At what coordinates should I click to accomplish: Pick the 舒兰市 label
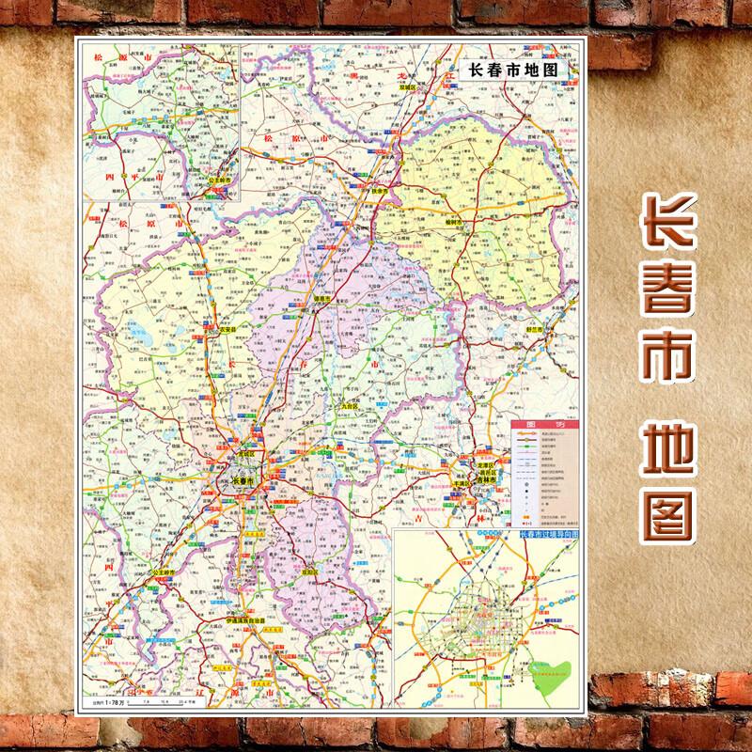[537, 330]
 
